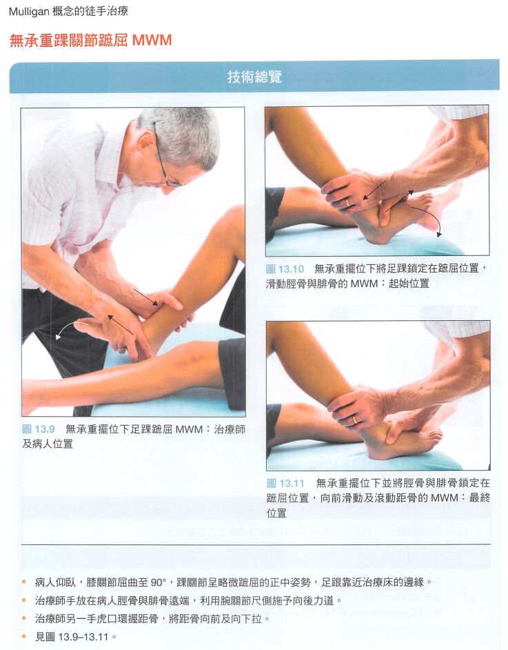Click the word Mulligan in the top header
28,11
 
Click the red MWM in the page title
152,40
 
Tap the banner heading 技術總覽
254,77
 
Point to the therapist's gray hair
182,132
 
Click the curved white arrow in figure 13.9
68,326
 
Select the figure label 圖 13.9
39,429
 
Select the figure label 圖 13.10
285,268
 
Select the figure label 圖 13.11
285,483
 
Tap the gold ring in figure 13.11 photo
354,420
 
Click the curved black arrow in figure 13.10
429,215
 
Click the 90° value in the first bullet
158,582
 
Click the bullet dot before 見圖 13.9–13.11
25,636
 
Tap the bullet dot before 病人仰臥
25,582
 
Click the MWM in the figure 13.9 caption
189,429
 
